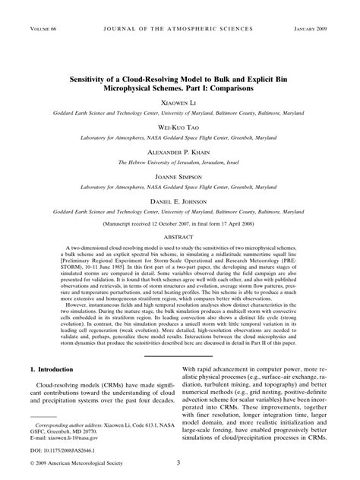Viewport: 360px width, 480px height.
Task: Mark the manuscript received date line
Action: (x=180, y=226)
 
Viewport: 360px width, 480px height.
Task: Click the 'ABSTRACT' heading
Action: (x=180, y=239)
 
